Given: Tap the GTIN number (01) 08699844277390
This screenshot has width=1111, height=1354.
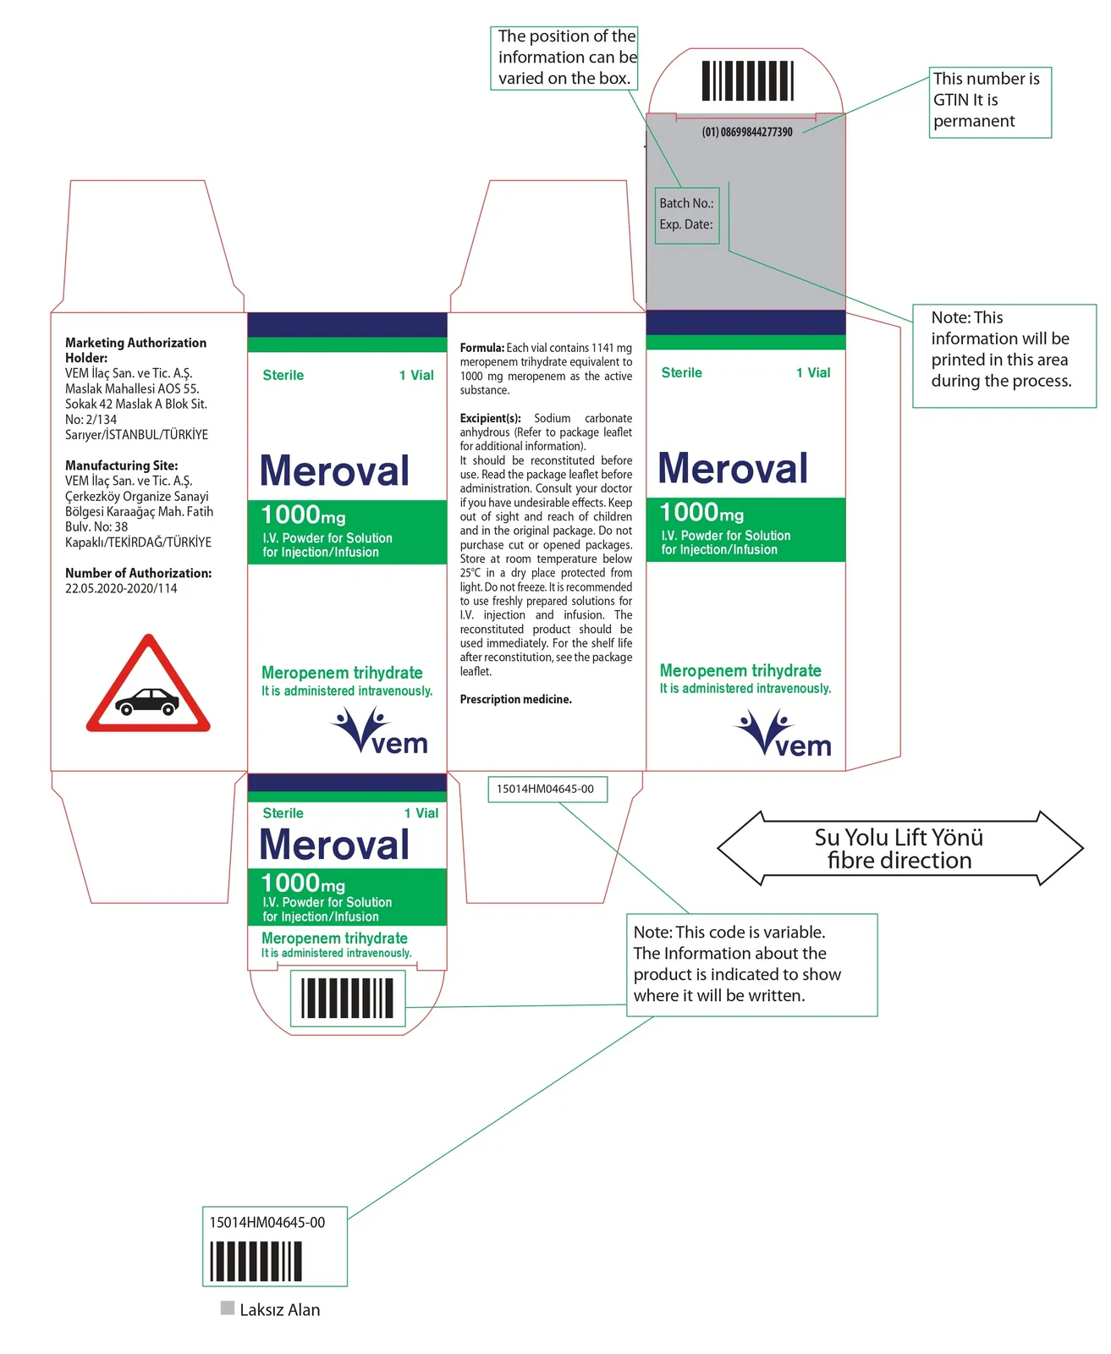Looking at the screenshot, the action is [x=746, y=132].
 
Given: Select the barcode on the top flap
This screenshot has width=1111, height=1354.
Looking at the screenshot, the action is [x=747, y=81].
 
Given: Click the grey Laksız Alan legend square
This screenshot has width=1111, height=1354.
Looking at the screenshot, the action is [x=227, y=1307].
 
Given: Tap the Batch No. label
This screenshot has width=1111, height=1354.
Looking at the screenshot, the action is [x=685, y=203].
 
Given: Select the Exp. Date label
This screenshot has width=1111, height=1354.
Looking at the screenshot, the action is [x=685, y=224].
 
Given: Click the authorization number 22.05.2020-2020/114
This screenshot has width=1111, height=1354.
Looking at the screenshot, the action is [x=121, y=587].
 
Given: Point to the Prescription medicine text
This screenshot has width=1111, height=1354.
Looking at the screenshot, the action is [x=514, y=698].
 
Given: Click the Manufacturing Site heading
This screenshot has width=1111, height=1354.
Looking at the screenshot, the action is [x=121, y=465].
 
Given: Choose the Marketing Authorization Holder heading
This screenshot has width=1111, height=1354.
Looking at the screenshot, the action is [x=135, y=350].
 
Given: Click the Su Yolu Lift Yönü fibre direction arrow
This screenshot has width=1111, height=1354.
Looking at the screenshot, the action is [x=899, y=847].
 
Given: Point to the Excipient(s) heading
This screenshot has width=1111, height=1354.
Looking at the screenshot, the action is [x=490, y=417].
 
